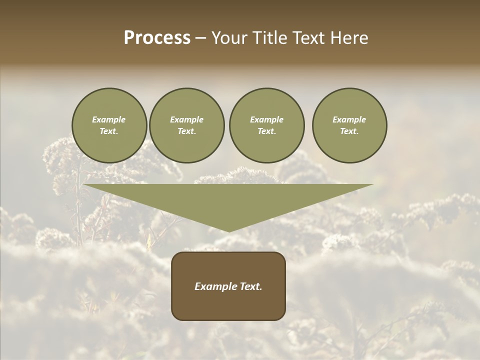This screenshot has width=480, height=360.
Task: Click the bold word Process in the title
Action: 157,38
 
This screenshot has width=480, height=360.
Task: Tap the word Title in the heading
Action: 270,38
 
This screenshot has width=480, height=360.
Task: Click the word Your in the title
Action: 230,38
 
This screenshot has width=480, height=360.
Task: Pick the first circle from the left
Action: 109,125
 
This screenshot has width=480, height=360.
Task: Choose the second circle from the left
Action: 186,125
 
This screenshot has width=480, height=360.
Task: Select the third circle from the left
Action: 266,125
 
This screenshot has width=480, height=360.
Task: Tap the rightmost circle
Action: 349,125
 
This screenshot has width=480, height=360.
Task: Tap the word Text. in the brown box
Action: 250,286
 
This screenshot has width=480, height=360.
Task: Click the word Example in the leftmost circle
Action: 109,119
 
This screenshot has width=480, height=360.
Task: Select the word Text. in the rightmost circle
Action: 349,131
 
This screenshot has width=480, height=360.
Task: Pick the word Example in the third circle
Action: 266,119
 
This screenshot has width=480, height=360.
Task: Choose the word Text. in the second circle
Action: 186,131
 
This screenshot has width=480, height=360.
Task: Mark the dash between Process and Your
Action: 201,38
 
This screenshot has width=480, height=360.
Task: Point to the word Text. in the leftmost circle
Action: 109,131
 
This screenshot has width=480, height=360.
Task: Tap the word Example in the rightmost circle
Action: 349,119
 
